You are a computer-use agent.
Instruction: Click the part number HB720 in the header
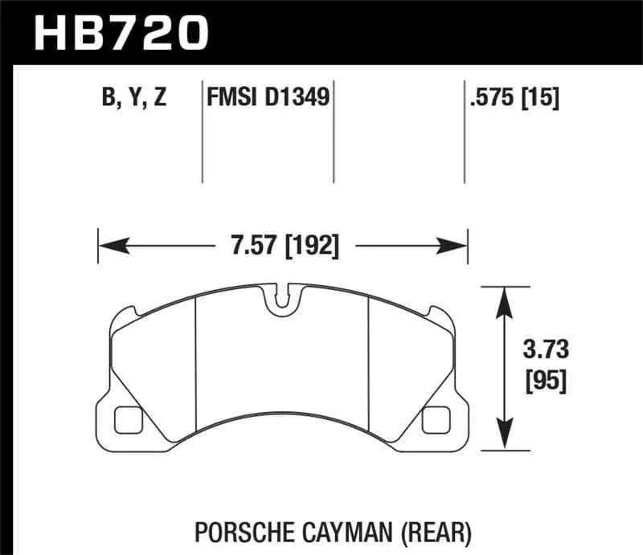pyautogui.click(x=121, y=34)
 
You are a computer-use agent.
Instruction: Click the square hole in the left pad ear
pyautogui.click(x=128, y=418)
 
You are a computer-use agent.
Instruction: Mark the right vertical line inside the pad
pyautogui.click(x=367, y=361)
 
